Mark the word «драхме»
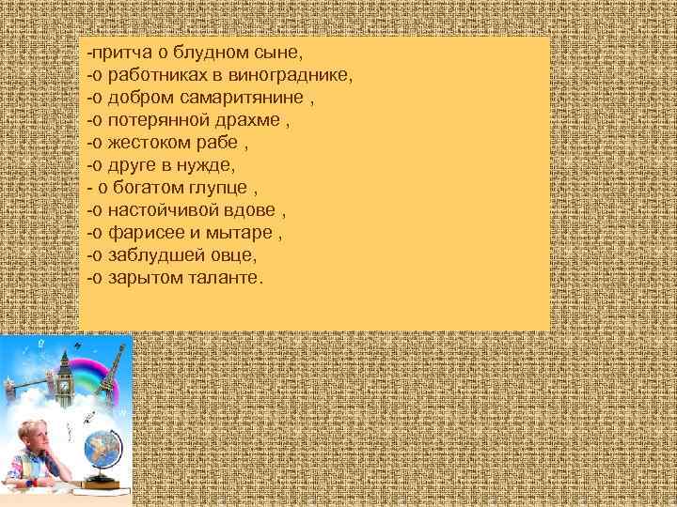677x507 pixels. point(249,119)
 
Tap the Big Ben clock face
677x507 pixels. point(64,384)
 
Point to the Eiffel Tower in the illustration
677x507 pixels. point(114,366)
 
